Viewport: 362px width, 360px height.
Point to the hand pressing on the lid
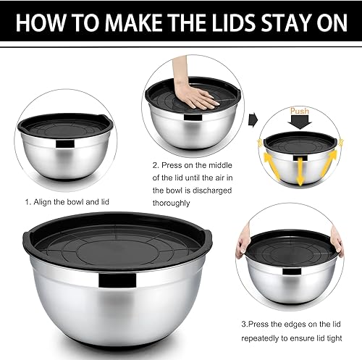click(x=193, y=97)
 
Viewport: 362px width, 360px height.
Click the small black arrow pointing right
click(x=253, y=118)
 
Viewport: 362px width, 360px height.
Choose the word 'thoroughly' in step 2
click(x=175, y=204)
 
